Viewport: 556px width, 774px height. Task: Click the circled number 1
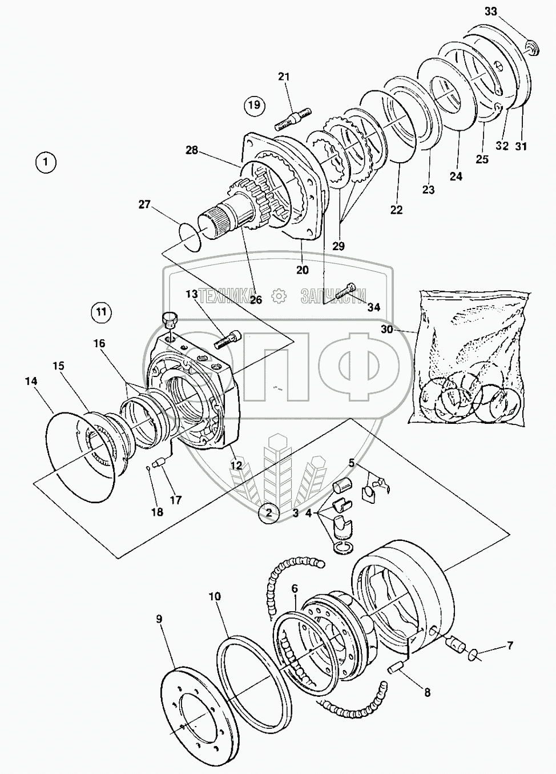point(45,162)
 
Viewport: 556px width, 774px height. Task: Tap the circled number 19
point(255,104)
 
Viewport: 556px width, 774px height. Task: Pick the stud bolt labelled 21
point(293,119)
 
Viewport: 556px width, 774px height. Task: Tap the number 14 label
point(31,381)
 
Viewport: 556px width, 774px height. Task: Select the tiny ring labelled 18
point(148,468)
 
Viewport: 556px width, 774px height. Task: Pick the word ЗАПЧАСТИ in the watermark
point(333,296)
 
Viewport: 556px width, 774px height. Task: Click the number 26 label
point(256,299)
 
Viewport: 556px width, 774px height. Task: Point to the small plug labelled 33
point(532,47)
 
